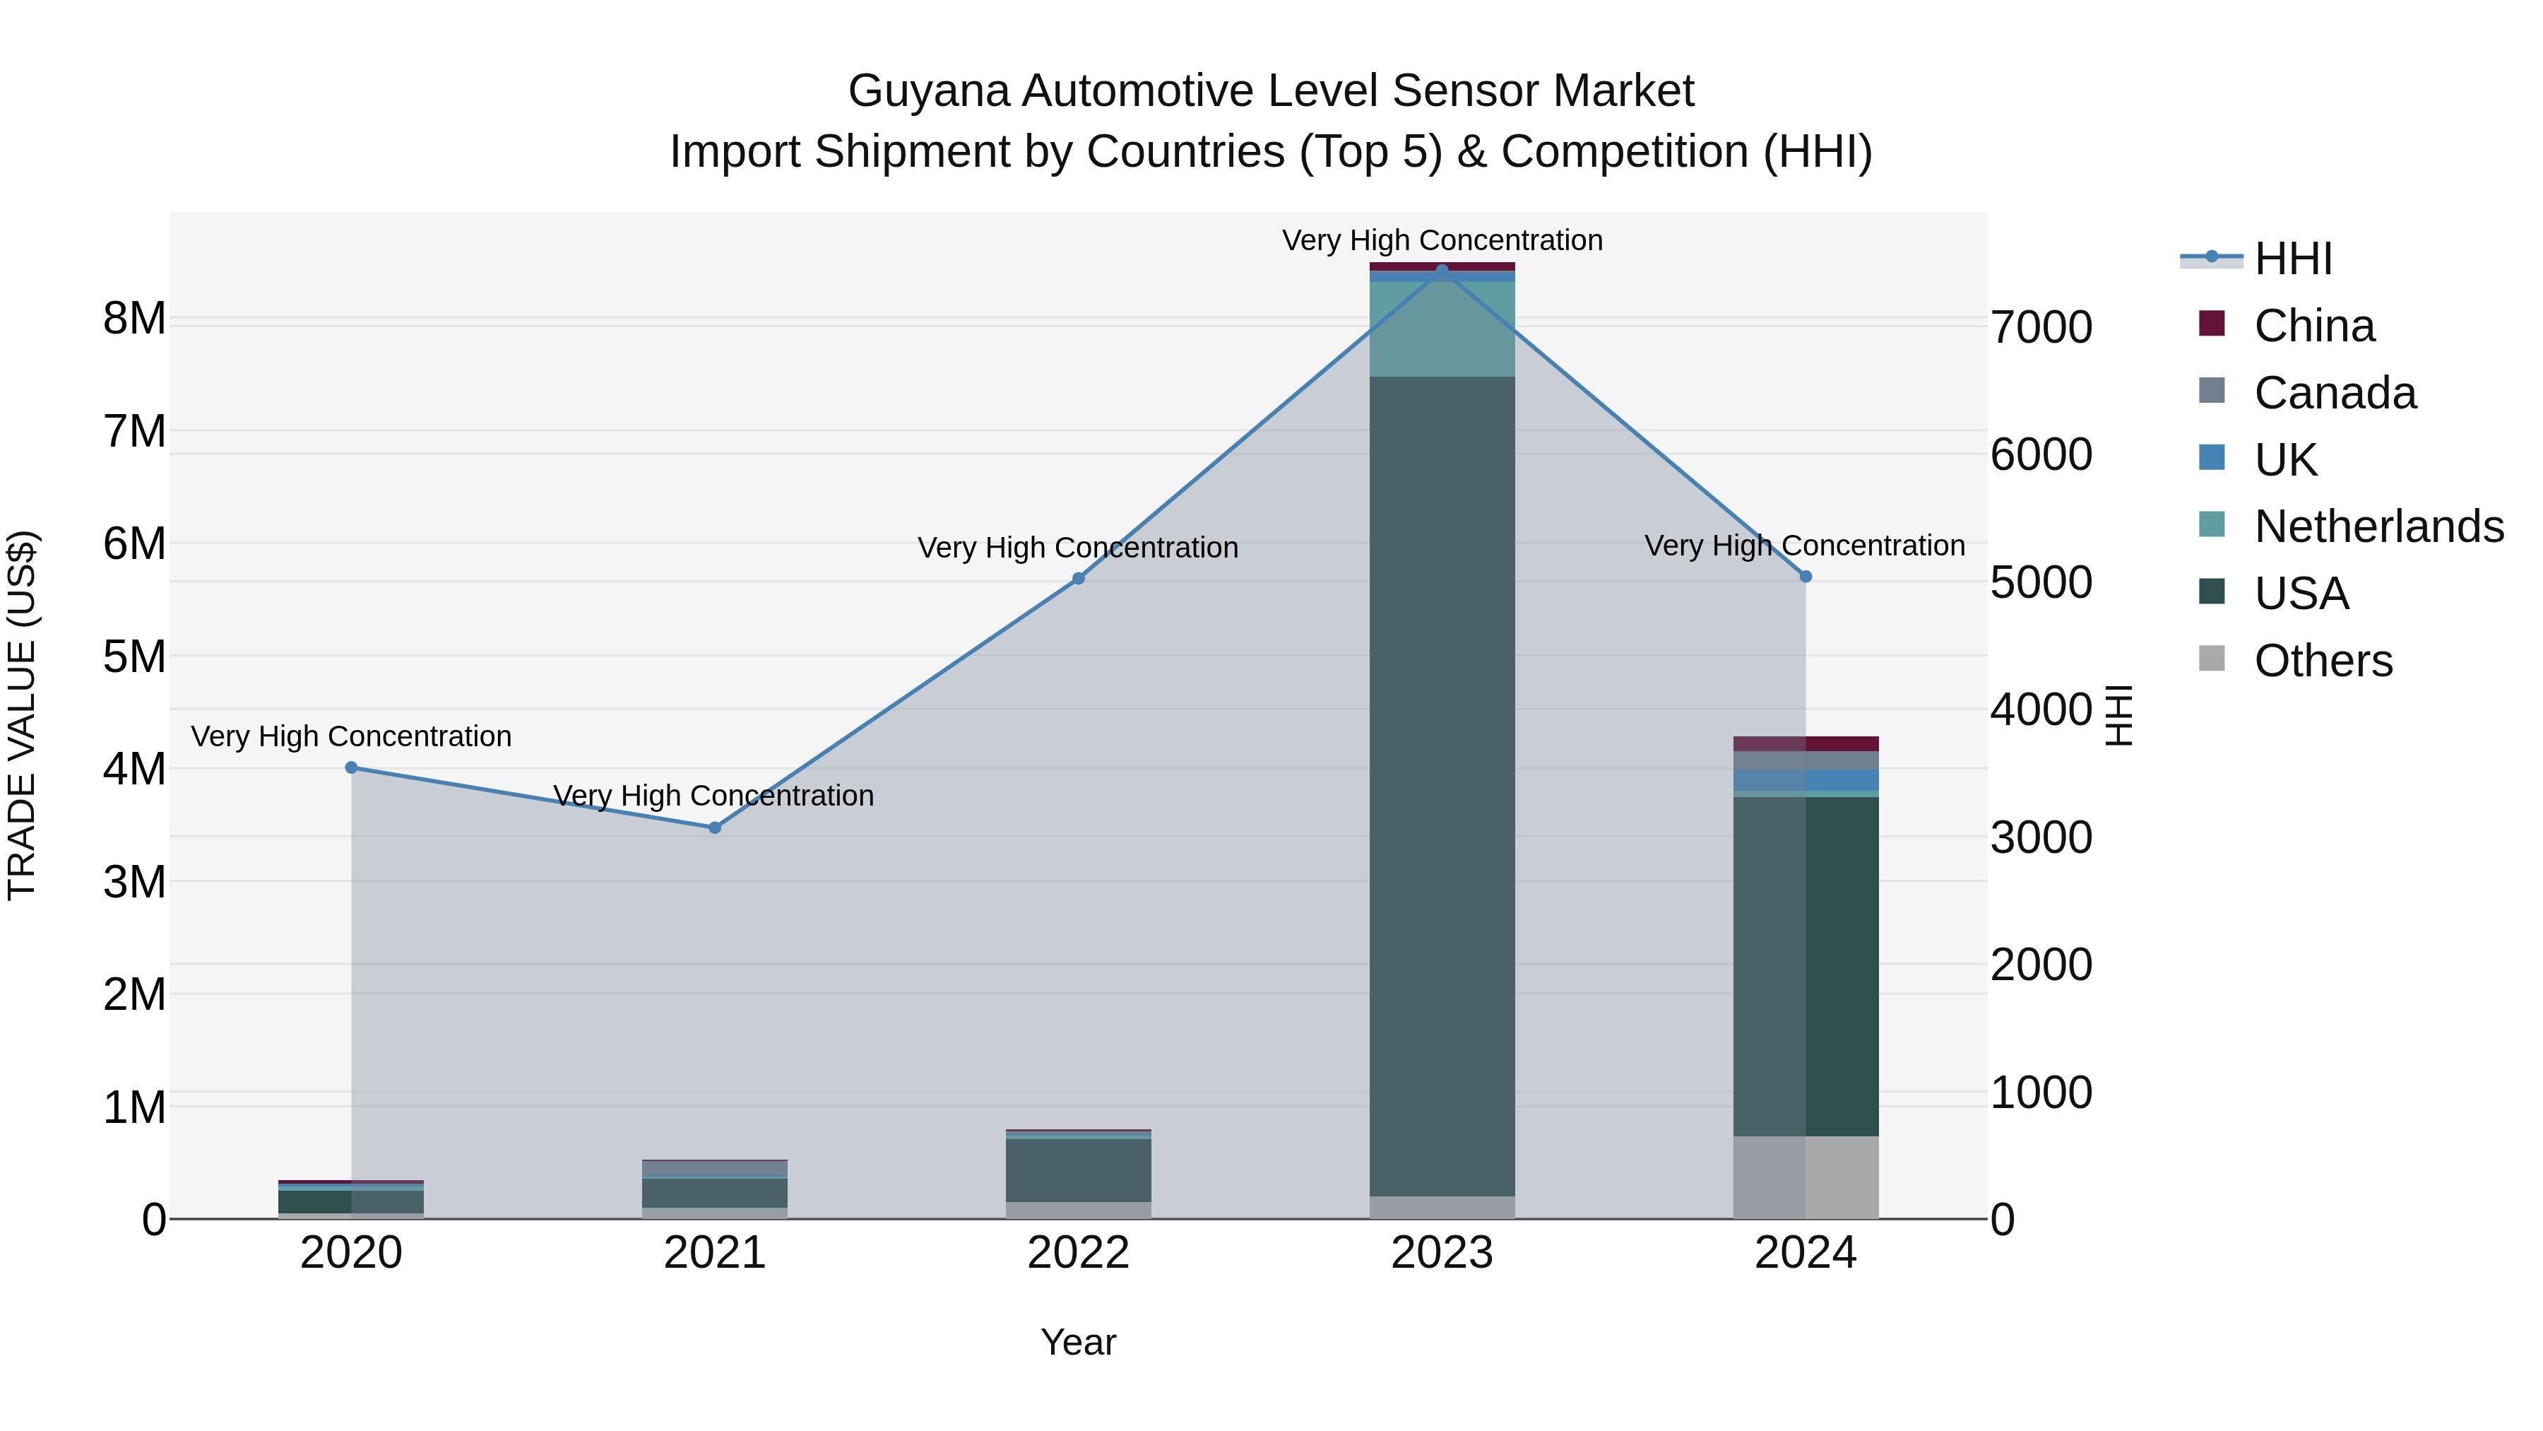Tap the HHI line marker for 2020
pyautogui.click(x=352, y=767)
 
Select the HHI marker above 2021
pyautogui.click(x=715, y=828)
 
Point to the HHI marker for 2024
pyautogui.click(x=1806, y=576)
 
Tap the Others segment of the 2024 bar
pyautogui.click(x=1806, y=1177)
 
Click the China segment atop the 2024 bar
pyautogui.click(x=1806, y=743)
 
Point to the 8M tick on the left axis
pyautogui.click(x=134, y=319)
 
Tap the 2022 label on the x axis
pyautogui.click(x=1078, y=1253)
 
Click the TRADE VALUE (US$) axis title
pyautogui.click(x=22, y=715)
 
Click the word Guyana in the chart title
pyautogui.click(x=928, y=92)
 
